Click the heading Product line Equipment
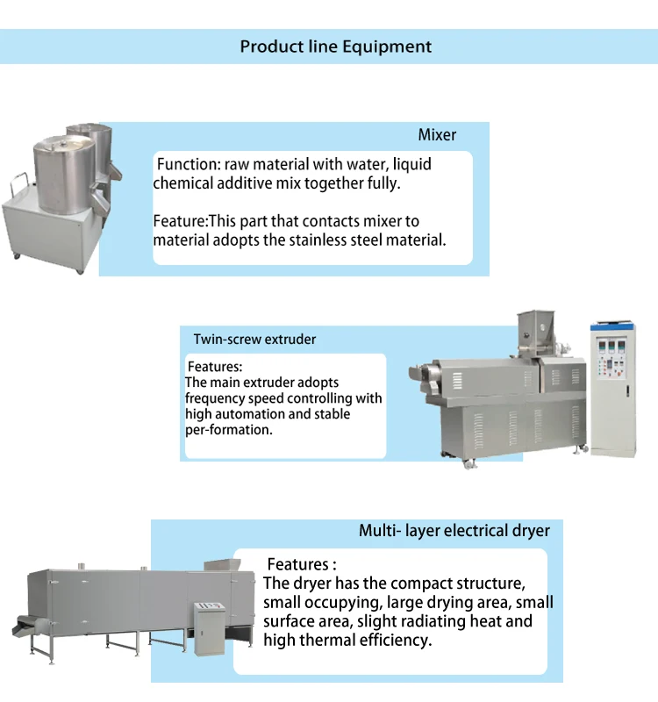336,47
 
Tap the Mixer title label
437,135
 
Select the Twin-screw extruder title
254,340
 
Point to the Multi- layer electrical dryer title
454,531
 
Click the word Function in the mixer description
189,164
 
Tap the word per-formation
229,430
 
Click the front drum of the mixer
64,174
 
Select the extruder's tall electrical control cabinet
612,389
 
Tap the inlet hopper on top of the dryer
222,564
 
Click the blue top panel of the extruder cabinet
612,326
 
